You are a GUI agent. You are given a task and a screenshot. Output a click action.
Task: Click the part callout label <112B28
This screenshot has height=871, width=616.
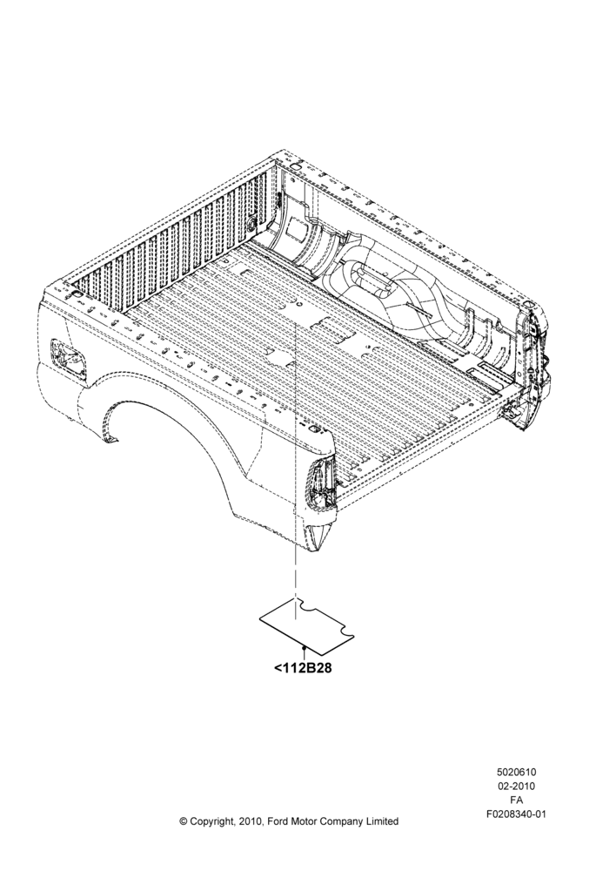(x=303, y=668)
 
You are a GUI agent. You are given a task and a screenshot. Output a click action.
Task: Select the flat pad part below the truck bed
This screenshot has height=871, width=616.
(x=307, y=625)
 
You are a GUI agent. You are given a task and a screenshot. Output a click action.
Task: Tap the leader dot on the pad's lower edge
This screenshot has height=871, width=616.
(x=305, y=647)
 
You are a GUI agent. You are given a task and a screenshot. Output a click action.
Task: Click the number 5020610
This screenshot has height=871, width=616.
(x=516, y=772)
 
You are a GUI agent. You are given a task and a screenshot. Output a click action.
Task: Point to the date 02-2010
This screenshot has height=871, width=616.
(x=516, y=787)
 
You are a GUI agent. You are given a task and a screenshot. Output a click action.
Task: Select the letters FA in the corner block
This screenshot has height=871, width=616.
(x=516, y=800)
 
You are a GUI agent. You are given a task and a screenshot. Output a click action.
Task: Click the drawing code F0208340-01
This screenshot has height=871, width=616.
(x=516, y=815)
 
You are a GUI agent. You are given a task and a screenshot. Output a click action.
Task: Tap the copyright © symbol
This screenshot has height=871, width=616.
(x=183, y=821)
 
